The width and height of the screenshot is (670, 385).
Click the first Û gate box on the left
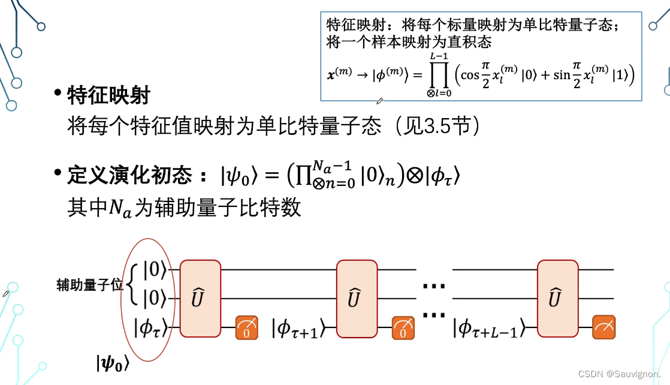[x=201, y=298]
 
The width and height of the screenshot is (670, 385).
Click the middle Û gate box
[x=357, y=298]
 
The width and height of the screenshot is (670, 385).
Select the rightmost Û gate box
[x=557, y=298]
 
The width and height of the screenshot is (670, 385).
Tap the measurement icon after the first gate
[x=246, y=327]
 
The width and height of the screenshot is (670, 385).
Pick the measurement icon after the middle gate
[x=403, y=327]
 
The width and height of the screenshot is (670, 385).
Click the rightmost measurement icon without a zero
[x=604, y=327]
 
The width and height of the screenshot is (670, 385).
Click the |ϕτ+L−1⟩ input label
[x=488, y=328]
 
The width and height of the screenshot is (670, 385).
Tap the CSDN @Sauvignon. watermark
[x=621, y=374]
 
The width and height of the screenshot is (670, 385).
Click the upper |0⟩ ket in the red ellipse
[x=154, y=270]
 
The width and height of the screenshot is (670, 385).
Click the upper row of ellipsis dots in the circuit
[x=434, y=287]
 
